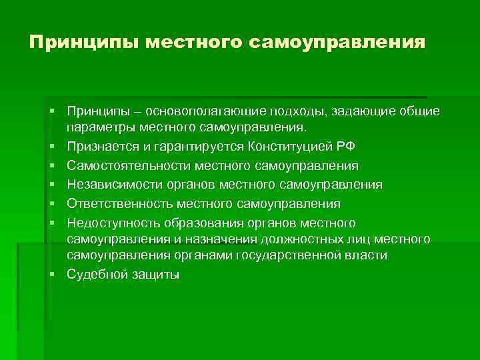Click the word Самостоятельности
pos(125,166)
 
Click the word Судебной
pos(95,275)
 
